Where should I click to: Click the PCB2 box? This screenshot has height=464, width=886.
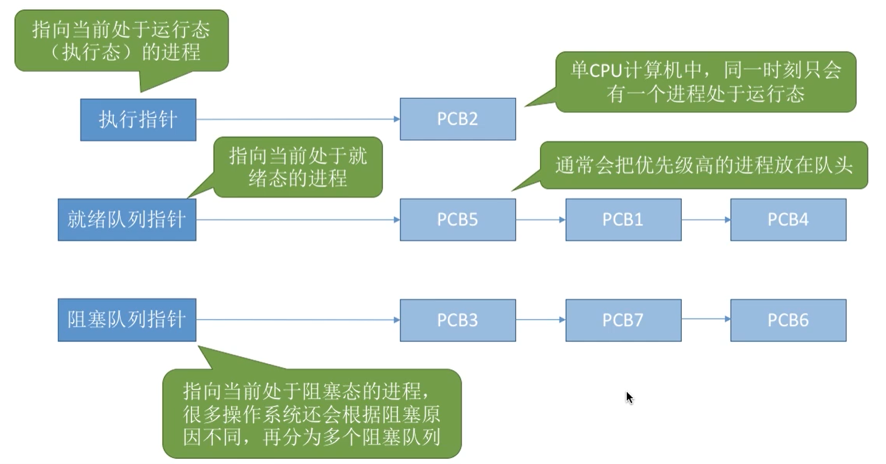(458, 119)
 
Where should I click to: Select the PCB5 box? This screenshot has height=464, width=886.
(458, 220)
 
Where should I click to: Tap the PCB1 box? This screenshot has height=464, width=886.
(623, 220)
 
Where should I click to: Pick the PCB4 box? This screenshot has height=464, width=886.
(788, 220)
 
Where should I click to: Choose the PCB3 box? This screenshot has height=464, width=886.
(458, 320)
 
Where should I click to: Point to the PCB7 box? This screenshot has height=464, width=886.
(623, 320)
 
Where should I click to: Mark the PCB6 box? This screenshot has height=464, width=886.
(788, 320)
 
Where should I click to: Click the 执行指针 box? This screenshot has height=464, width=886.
(138, 120)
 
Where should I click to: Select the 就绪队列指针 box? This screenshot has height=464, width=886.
(127, 220)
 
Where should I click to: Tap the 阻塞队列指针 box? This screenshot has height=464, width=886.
(127, 320)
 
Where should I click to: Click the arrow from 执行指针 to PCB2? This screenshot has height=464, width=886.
(298, 119)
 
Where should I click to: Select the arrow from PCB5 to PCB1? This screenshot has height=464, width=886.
(540, 220)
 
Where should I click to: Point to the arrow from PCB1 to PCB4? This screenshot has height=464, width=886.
(706, 220)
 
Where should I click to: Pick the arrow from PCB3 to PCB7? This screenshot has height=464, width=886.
(540, 320)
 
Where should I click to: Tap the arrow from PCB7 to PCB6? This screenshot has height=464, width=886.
(706, 319)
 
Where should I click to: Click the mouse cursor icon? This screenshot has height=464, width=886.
(630, 397)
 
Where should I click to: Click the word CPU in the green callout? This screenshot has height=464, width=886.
(606, 71)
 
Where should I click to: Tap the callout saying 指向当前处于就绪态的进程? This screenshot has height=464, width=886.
(297, 167)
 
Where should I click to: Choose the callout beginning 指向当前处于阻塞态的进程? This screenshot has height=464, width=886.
(312, 413)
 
